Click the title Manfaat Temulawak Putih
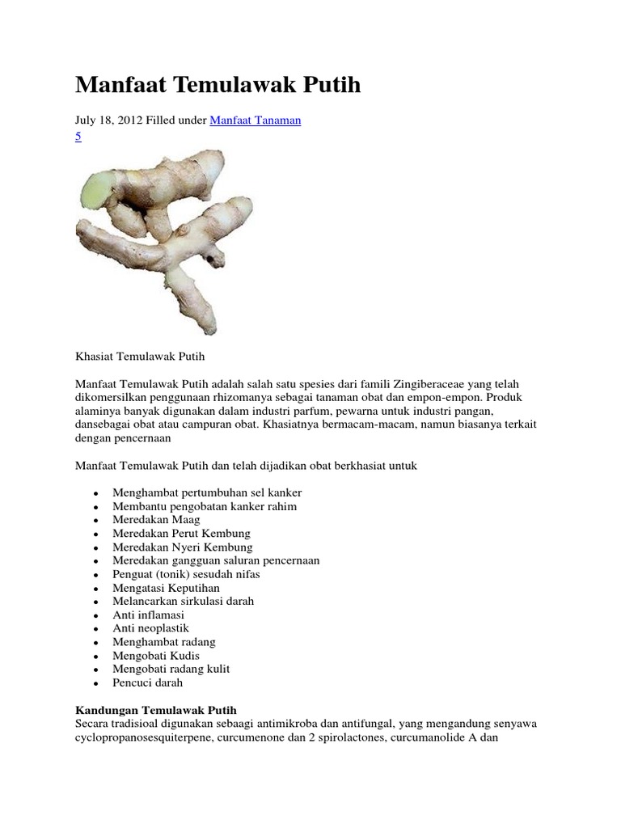point(218,85)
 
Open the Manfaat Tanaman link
point(256,120)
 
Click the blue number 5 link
point(78,137)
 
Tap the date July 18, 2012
point(108,120)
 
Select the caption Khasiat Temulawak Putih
point(142,355)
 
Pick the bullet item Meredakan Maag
point(156,520)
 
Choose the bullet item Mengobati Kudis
point(156,655)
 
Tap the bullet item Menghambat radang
point(164,642)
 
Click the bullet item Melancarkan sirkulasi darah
point(184,602)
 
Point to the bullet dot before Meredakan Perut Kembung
point(96,534)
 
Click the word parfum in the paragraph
point(318,413)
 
